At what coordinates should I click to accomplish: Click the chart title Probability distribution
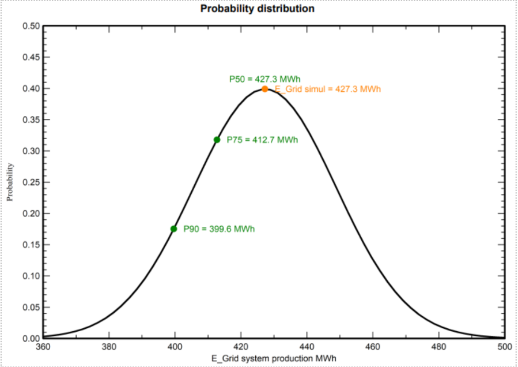(257, 9)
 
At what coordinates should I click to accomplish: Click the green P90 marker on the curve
(173, 229)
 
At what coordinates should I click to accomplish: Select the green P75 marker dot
(217, 140)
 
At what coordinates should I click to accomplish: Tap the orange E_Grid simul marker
(264, 89)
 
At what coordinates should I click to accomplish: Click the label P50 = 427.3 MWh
(265, 79)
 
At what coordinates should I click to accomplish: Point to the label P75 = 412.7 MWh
(262, 140)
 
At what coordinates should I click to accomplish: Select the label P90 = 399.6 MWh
(219, 229)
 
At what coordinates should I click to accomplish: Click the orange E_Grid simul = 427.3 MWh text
(328, 89)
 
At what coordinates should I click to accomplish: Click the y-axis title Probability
(10, 182)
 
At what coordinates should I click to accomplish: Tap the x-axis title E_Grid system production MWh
(273, 358)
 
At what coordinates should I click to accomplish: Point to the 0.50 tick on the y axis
(31, 27)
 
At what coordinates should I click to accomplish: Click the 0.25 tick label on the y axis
(31, 182)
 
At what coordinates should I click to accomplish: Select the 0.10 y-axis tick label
(31, 276)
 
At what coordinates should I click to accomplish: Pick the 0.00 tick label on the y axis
(31, 338)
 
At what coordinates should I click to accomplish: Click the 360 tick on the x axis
(43, 347)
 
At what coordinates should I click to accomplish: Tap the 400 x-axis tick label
(175, 347)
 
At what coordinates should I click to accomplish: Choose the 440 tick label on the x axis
(307, 347)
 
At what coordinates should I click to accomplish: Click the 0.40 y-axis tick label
(31, 89)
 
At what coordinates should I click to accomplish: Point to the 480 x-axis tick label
(438, 347)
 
